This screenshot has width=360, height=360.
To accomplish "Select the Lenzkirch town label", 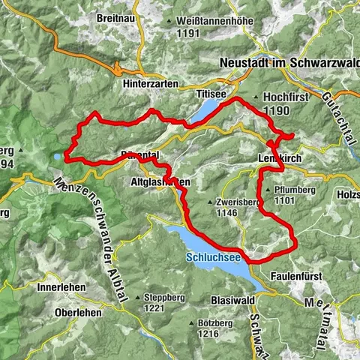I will tap(283, 159).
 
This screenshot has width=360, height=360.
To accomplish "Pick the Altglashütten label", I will tap(159, 182).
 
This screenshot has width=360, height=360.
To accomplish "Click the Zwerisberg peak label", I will tap(233, 202).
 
